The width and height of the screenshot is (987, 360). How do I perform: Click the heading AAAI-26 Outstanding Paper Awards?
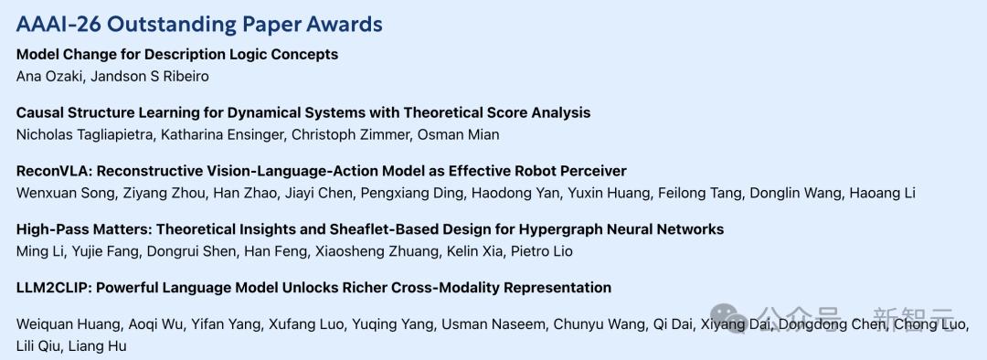199,24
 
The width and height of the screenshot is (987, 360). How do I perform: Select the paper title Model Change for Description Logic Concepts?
177,55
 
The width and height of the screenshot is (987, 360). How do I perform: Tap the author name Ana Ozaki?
48,77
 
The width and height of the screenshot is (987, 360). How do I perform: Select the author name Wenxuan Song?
64,193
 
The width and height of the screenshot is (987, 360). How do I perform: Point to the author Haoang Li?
882,193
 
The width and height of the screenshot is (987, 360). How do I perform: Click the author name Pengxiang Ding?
412,193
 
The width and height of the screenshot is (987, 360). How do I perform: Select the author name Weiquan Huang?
69,324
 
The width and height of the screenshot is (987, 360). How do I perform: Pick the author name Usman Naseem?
497,324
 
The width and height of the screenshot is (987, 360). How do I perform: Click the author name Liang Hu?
97,346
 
